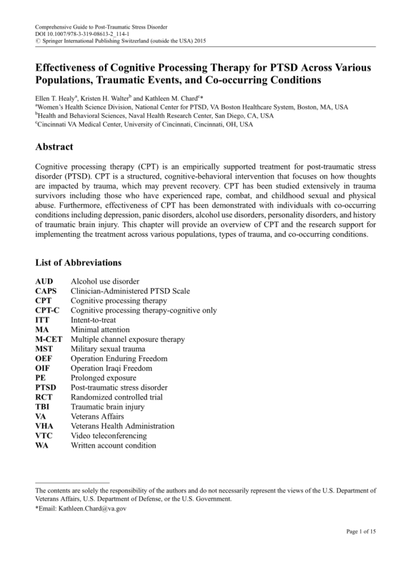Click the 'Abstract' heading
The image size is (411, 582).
coord(55,147)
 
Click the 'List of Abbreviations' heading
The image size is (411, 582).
coord(78,262)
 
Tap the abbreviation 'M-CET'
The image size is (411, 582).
coord(49,339)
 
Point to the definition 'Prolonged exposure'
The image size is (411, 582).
coord(103,378)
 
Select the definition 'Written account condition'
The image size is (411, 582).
coord(113,445)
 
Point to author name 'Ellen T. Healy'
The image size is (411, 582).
coord(59,98)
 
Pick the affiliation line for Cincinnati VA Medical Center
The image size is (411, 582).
coord(144,124)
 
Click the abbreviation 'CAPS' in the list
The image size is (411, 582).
coord(46,291)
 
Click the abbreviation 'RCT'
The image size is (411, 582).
coord(44,397)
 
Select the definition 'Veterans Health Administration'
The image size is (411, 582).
coord(123,426)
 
